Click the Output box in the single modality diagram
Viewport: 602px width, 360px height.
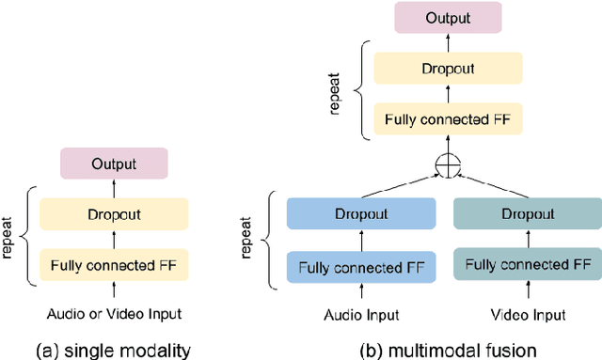tap(114, 164)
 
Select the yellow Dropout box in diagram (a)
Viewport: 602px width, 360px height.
tap(114, 214)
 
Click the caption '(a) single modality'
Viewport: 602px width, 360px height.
tap(114, 350)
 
